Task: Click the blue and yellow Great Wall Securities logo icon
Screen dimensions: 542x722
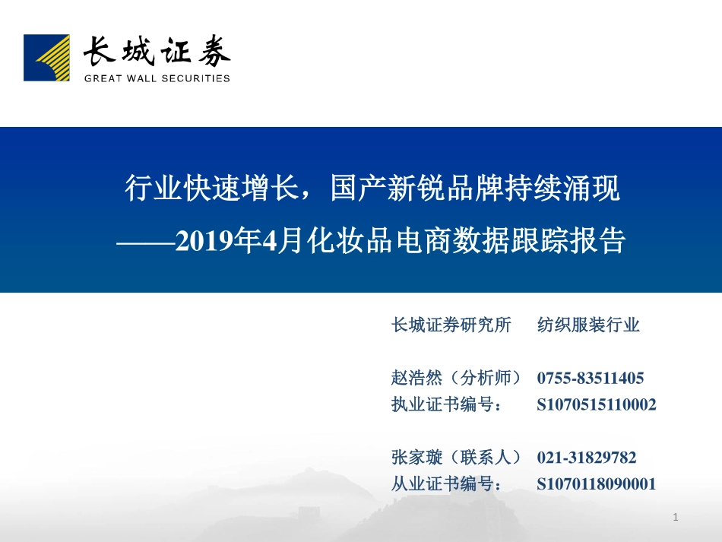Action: [46, 57]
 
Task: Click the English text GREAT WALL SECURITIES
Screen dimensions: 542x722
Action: [157, 78]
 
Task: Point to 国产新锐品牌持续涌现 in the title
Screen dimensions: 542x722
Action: [475, 189]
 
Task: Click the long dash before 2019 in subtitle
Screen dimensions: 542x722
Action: [145, 242]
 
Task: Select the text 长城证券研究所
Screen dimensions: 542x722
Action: [451, 325]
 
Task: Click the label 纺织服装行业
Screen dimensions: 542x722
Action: [588, 325]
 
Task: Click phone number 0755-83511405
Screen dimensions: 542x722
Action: [591, 378]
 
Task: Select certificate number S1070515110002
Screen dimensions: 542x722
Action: [597, 404]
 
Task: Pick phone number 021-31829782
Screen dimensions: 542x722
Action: [587, 458]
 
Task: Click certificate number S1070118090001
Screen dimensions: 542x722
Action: [597, 483]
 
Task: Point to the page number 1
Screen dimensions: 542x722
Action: [676, 518]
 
